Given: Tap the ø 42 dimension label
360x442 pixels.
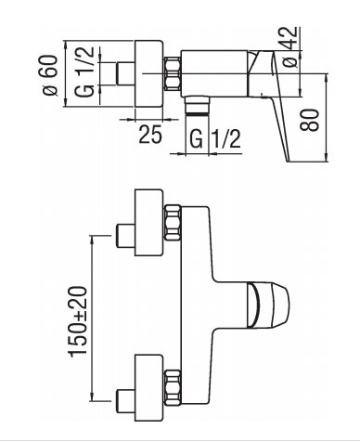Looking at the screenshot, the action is pos(290,47).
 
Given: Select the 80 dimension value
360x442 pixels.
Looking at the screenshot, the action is pos(309,120).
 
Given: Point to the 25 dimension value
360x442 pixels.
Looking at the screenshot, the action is pos(150,134).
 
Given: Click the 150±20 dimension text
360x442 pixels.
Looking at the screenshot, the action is pos(78,322).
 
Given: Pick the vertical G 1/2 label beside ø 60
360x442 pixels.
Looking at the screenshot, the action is pos(84,72).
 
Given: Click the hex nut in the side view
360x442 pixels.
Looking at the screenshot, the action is pos(173,74).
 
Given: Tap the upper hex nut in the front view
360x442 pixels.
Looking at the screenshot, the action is pos(173,223).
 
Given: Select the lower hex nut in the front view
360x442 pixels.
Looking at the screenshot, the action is pos(173,387).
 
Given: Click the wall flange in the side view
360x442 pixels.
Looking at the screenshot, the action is pos(148,73).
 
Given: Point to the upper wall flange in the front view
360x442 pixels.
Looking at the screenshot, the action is pos(148,223).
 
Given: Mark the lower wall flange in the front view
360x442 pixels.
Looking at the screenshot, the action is pos(148,388).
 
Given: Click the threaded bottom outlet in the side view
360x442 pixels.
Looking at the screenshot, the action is pos(197,106).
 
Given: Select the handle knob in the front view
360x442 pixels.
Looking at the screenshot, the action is pos(268,305).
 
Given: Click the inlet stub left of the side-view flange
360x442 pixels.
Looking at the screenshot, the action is pos(125,73).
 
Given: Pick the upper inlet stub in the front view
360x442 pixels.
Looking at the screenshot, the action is pos(125,236).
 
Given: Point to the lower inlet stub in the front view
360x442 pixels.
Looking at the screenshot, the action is pos(125,401).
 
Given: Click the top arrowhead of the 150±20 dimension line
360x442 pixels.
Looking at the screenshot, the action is pos(92,240).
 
